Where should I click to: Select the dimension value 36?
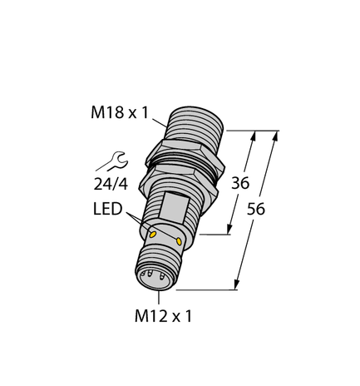click(240, 183)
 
